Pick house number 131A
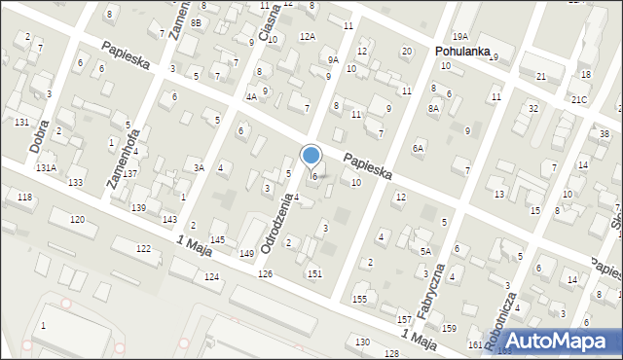tap(46, 168)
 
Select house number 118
tap(24, 198)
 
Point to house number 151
tap(314, 274)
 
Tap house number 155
tap(360, 299)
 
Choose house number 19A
tap(459, 37)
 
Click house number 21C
tap(579, 100)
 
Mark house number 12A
tap(307, 36)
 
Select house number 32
tap(532, 108)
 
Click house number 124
tap(211, 277)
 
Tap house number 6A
tap(418, 148)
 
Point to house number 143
tap(168, 219)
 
